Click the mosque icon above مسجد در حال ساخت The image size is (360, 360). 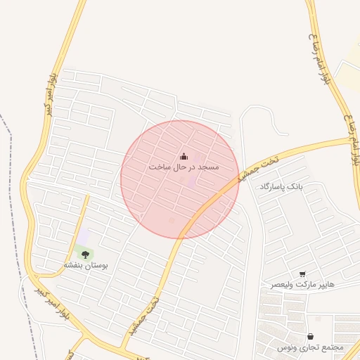click(184, 156)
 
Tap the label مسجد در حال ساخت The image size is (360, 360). click(184, 167)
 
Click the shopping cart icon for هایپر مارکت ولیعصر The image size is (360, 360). click(302, 274)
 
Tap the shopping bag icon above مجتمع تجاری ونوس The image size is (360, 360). click(311, 336)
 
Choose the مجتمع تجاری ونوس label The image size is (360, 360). click(310, 347)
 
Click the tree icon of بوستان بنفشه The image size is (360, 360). click(85, 254)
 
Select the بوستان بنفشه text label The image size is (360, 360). click(84, 265)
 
